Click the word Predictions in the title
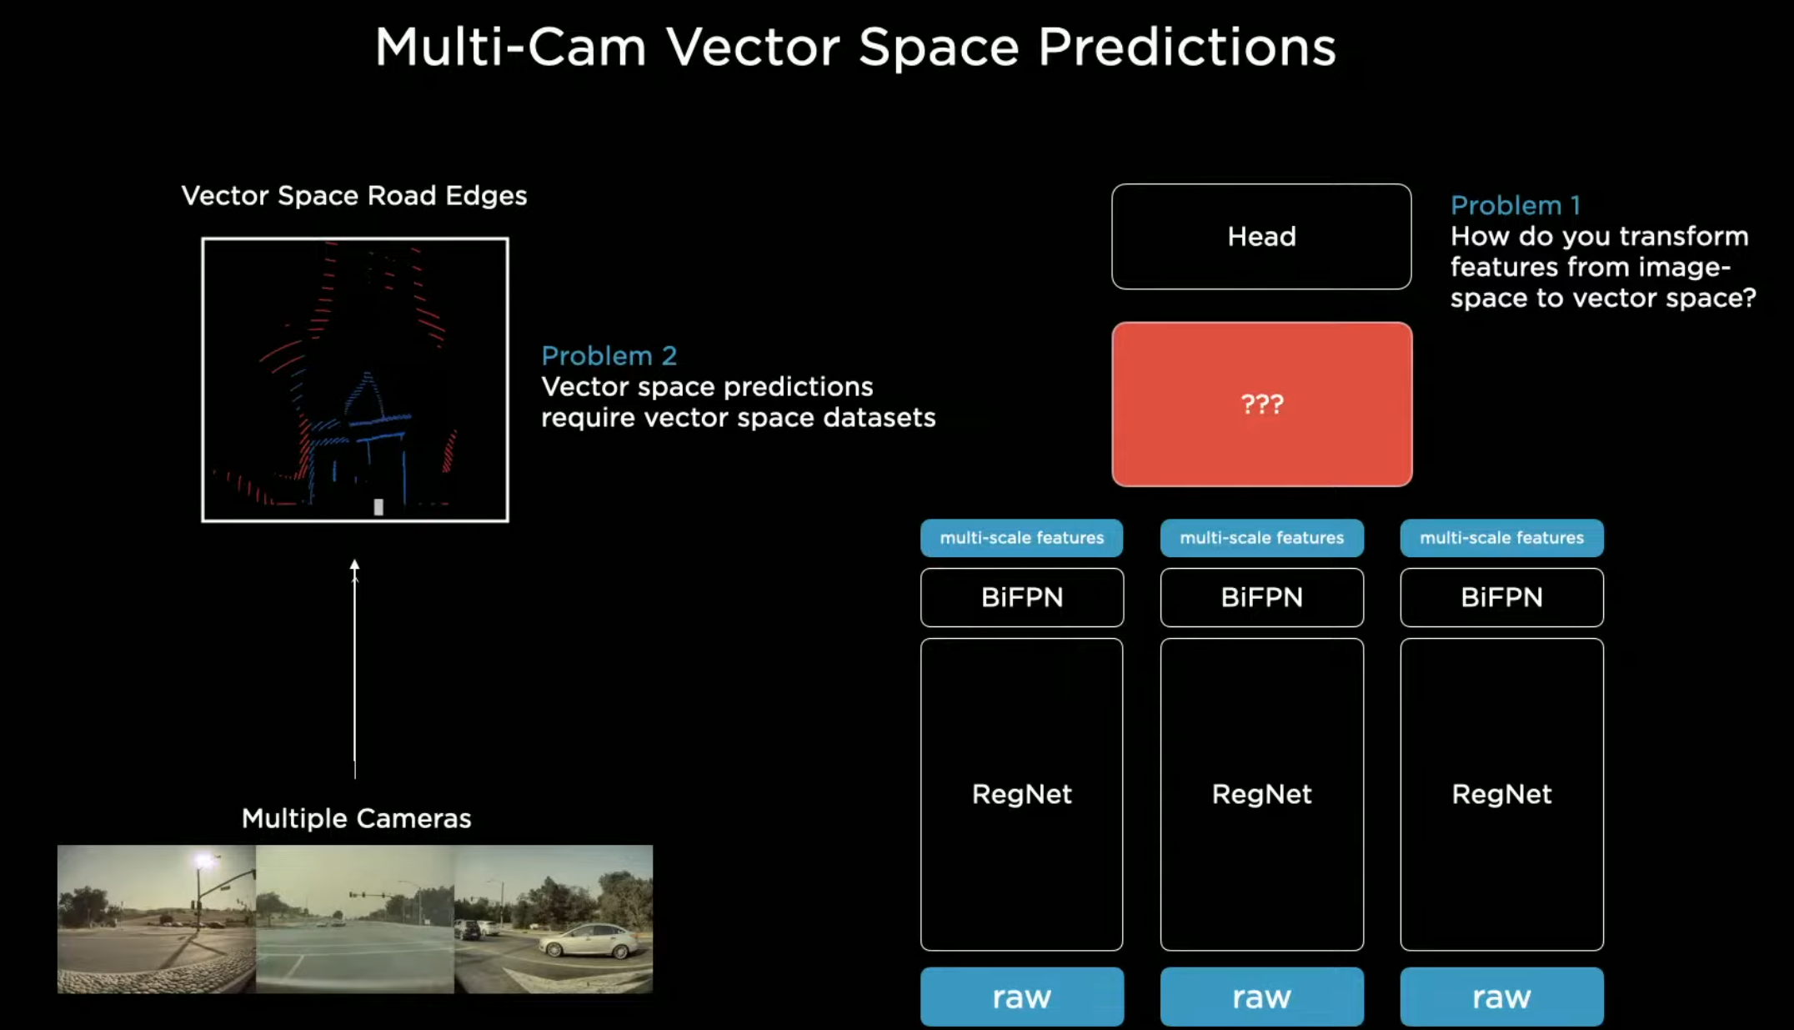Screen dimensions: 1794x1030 (1187, 47)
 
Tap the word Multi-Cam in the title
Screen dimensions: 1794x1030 (510, 47)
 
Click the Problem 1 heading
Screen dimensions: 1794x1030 (1515, 205)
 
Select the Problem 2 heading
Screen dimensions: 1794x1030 (609, 356)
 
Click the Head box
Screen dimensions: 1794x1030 (1261, 237)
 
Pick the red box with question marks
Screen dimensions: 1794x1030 (1262, 404)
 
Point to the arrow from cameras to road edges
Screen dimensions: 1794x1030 (354, 669)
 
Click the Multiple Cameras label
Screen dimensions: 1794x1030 (356, 818)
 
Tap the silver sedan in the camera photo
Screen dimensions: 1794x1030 (586, 942)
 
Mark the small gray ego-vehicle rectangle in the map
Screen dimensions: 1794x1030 (378, 506)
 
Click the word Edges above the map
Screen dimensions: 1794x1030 (486, 196)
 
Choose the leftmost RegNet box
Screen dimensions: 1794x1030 (1022, 795)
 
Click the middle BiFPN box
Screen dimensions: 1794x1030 (1262, 597)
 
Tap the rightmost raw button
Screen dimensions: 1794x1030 (1502, 997)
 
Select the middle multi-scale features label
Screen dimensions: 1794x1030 (1262, 538)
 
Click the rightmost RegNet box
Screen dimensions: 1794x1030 (1502, 795)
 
